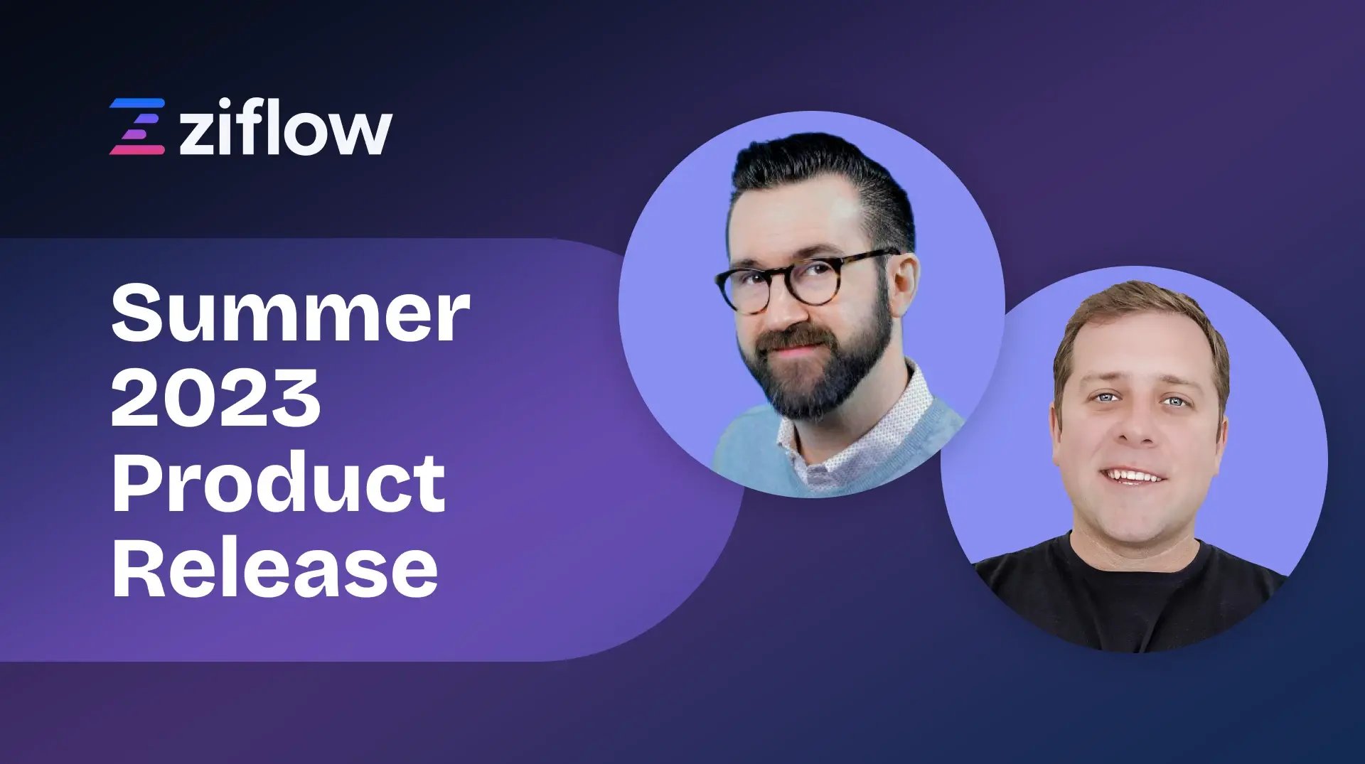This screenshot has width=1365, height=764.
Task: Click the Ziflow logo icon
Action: click(137, 127)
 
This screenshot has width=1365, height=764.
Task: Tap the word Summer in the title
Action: click(290, 313)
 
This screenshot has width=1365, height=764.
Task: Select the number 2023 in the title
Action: click(215, 399)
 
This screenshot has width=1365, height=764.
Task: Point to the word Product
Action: click(279, 484)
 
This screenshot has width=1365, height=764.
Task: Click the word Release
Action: click(275, 569)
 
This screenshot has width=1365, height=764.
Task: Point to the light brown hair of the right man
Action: click(1137, 313)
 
